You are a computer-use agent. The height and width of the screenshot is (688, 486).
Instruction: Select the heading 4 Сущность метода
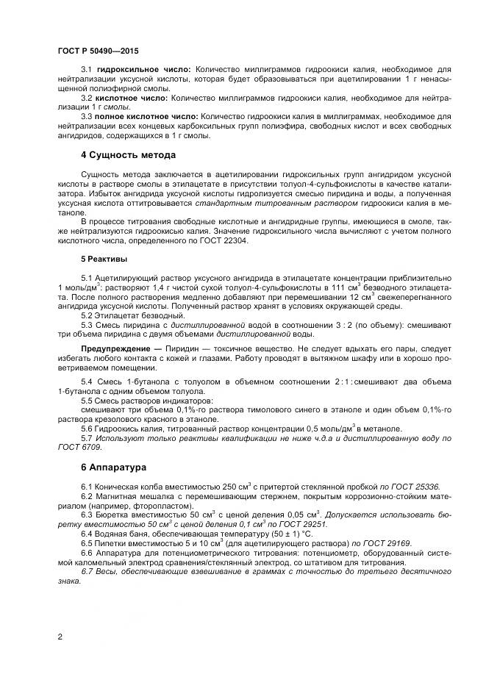click(x=127, y=155)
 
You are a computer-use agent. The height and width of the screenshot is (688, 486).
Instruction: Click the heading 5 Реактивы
click(x=104, y=259)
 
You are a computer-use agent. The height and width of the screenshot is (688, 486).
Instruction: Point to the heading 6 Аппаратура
click(x=113, y=467)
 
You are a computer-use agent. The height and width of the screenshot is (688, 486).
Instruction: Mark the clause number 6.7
click(x=87, y=571)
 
